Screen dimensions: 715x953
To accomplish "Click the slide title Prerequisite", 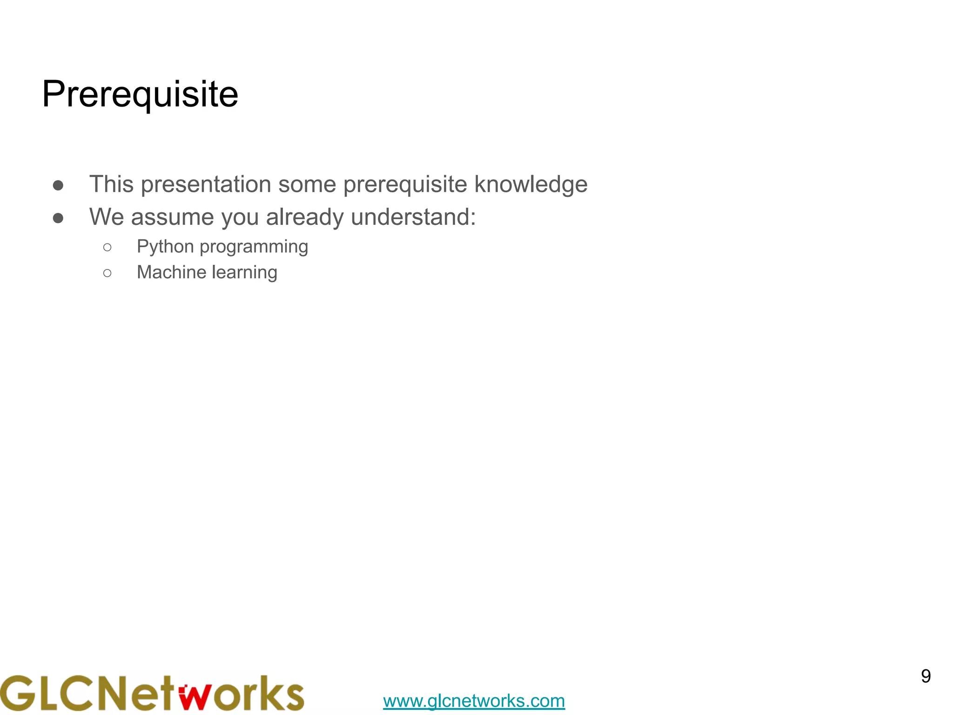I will click(x=140, y=94).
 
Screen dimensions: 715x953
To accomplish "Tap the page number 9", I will click(x=926, y=676).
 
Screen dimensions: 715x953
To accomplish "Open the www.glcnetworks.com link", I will click(x=474, y=701).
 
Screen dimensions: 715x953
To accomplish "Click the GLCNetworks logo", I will click(x=152, y=693).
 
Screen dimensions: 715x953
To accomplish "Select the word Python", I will click(x=165, y=247).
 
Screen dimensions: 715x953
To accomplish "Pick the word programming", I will click(x=254, y=247).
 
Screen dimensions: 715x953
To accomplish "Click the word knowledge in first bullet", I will click(x=531, y=184).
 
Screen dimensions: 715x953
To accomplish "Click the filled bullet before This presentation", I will click(x=58, y=185).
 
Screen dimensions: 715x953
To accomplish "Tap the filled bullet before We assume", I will click(x=58, y=218).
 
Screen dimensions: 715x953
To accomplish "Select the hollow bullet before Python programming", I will click(x=107, y=247).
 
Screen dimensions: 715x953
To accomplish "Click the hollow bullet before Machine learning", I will click(x=107, y=273).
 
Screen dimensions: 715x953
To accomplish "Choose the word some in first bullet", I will click(x=307, y=184).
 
